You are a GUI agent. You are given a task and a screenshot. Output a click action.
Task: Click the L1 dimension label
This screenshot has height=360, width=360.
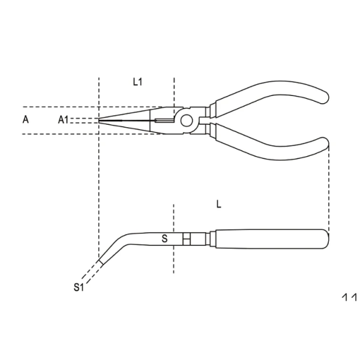(x=137, y=82)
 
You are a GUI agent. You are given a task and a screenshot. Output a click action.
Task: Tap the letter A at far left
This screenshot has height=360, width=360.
(x=25, y=119)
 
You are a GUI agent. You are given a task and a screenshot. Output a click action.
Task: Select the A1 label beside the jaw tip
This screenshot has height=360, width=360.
(x=65, y=120)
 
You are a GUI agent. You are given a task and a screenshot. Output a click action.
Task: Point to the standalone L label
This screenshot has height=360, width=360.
(x=219, y=204)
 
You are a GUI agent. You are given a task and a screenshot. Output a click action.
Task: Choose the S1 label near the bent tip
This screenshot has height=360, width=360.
(x=77, y=287)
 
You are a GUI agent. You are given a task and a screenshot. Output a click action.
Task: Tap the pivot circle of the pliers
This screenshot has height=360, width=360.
(x=188, y=119)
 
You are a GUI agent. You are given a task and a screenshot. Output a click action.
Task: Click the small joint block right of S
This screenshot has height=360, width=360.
(x=187, y=239)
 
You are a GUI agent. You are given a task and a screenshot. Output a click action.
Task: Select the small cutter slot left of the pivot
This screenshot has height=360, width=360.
(x=162, y=122)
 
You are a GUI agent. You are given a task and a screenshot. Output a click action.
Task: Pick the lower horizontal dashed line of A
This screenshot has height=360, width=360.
(x=54, y=134)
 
